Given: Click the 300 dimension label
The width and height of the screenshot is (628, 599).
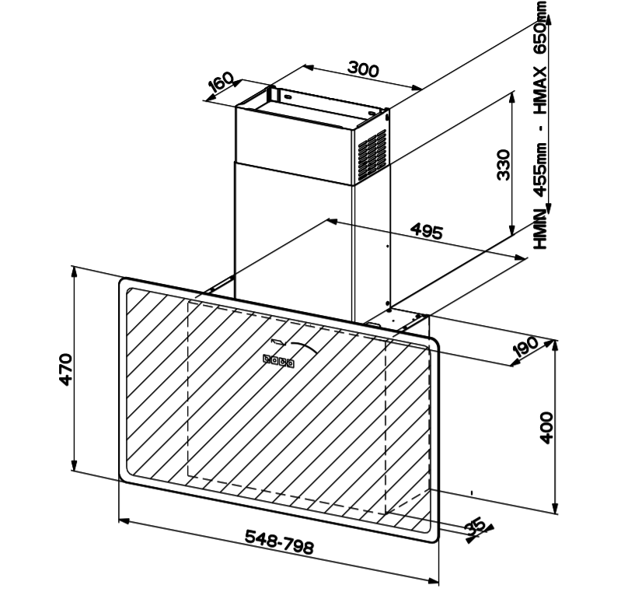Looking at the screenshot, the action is point(363,69).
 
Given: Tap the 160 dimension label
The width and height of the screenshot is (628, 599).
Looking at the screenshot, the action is point(221,82).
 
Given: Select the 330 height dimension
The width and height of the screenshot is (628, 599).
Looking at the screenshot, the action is point(503,165).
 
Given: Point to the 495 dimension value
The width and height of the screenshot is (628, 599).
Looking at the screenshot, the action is point(427,231).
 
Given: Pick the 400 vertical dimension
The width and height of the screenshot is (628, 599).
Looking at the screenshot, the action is point(546,427).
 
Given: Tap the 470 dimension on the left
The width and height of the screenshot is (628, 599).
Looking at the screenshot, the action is point(66,370).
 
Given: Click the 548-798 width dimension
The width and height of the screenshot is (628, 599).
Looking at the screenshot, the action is point(280,541).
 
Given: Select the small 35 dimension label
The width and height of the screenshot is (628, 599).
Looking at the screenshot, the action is point(476,527).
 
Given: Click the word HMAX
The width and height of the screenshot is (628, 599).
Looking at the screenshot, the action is point(541,89).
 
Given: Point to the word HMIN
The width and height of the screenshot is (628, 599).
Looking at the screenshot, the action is point(541,229).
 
